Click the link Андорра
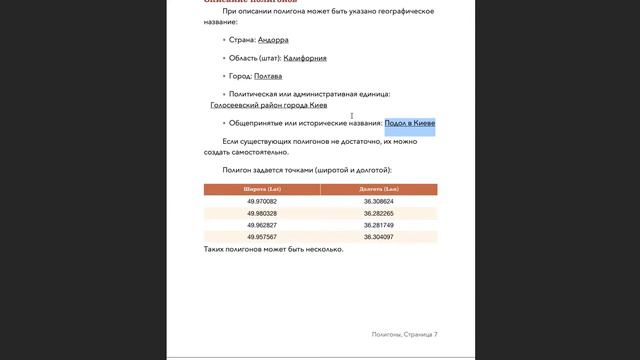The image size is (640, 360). [x=273, y=40]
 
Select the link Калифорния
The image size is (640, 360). [x=305, y=58]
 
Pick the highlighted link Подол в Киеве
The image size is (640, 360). [x=409, y=123]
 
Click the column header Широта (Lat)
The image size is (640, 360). [x=262, y=189]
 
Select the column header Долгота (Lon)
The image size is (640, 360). [x=379, y=189]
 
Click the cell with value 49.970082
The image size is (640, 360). [x=262, y=201]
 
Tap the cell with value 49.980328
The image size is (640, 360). [x=262, y=213]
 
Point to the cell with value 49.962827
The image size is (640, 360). [x=262, y=225]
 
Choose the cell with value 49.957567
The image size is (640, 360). [x=262, y=237]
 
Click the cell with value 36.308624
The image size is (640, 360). [x=379, y=201]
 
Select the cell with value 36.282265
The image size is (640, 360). [x=379, y=213]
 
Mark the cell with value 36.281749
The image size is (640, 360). [x=379, y=225]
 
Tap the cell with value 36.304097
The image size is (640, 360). [x=379, y=237]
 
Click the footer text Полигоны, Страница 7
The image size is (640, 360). [x=404, y=334]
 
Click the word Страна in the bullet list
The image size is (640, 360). [x=241, y=40]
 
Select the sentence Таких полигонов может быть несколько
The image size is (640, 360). [x=273, y=249]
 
